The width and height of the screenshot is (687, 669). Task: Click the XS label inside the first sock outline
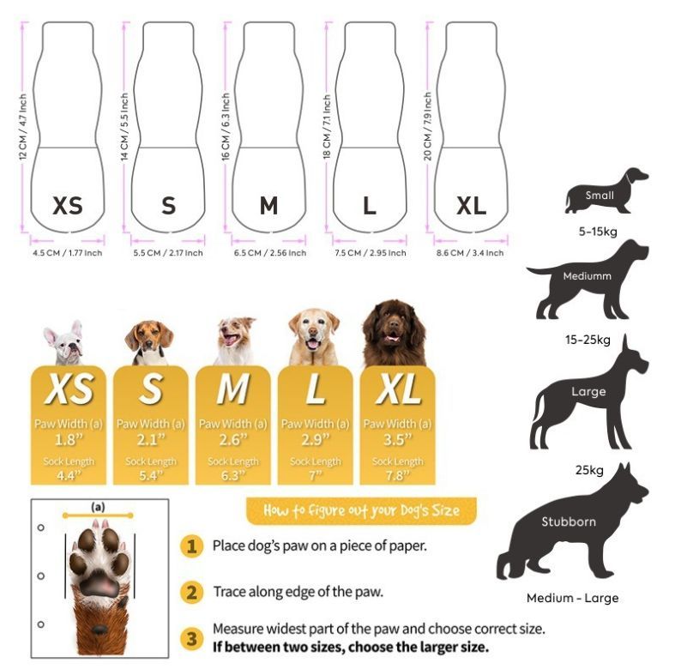point(68,206)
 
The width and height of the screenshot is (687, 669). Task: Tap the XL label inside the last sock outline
point(471,206)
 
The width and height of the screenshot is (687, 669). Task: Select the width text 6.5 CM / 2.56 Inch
point(270,253)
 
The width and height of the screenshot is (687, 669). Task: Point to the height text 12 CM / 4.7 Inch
point(23,127)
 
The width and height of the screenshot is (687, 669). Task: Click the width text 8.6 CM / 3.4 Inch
point(470,253)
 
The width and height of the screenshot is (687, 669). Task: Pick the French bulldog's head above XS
point(64,341)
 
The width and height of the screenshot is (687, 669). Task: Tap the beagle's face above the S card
point(149,340)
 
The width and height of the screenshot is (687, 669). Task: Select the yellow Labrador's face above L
point(314,333)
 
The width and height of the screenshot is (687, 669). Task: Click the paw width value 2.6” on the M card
point(233,439)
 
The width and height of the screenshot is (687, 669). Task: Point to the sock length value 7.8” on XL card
point(398,475)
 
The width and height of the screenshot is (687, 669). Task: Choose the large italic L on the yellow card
point(316,389)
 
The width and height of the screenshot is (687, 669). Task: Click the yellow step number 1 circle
point(192,545)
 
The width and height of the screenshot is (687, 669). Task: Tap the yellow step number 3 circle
point(192,638)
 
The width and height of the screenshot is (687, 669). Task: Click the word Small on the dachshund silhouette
point(600,195)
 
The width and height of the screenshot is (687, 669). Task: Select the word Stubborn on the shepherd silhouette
point(569,521)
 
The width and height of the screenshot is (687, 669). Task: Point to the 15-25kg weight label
point(588,340)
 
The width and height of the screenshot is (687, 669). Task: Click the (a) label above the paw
point(98,507)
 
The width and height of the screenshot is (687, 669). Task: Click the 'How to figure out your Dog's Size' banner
point(361,510)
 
